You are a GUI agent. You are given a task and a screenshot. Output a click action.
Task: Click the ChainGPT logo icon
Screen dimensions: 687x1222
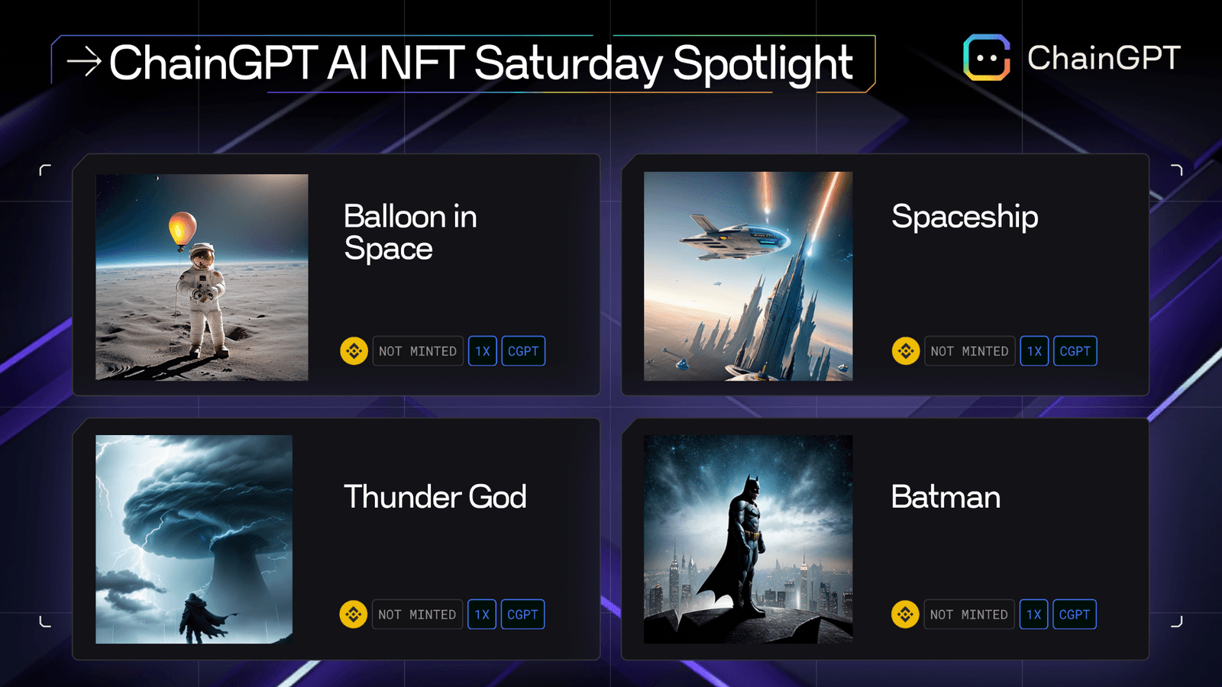coord(987,57)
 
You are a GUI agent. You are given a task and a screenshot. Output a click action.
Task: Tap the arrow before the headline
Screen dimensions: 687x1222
coord(84,62)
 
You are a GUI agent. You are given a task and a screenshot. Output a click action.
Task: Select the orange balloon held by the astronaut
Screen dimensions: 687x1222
coord(183,228)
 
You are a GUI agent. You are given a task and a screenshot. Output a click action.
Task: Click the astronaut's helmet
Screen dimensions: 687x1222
coord(202,257)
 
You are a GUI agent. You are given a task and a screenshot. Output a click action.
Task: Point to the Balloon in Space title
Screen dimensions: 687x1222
coord(410,232)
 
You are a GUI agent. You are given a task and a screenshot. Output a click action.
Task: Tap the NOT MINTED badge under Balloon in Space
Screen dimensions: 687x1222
coord(418,351)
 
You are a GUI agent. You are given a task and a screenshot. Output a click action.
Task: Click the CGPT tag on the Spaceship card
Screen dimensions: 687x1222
coord(1075,351)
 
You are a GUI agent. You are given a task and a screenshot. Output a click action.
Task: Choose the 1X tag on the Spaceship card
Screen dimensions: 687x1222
coord(1034,351)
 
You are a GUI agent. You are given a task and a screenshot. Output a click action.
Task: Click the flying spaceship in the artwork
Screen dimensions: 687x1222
coord(733,235)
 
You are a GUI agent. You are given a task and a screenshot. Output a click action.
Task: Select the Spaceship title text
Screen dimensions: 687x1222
coord(965,217)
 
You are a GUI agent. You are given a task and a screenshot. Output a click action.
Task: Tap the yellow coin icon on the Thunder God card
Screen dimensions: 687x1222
coord(354,614)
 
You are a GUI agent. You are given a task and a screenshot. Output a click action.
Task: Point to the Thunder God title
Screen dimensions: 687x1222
coord(435,497)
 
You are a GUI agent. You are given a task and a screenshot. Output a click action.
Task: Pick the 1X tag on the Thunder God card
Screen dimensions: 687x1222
coord(482,614)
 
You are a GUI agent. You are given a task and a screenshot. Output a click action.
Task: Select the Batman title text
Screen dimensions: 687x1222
coord(946,497)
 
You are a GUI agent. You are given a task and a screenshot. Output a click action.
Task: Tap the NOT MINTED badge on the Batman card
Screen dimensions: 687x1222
coord(968,614)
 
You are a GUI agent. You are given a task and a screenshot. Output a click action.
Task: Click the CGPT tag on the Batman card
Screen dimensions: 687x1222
coord(1074,614)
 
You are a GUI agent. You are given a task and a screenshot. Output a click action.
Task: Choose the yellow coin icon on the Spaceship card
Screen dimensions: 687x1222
coord(906,351)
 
